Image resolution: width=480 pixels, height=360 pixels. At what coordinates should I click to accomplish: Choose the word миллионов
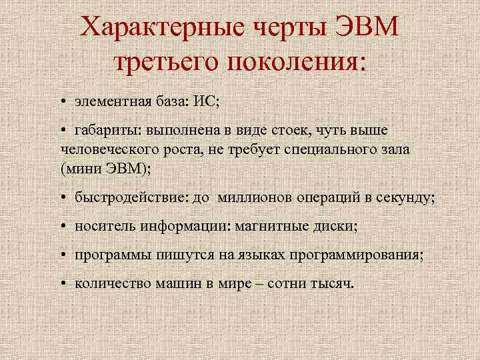(x=247, y=197)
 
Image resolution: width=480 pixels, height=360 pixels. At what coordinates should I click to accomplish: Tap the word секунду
(x=407, y=197)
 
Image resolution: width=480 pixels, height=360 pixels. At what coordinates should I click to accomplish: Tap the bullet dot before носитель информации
(x=61, y=227)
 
